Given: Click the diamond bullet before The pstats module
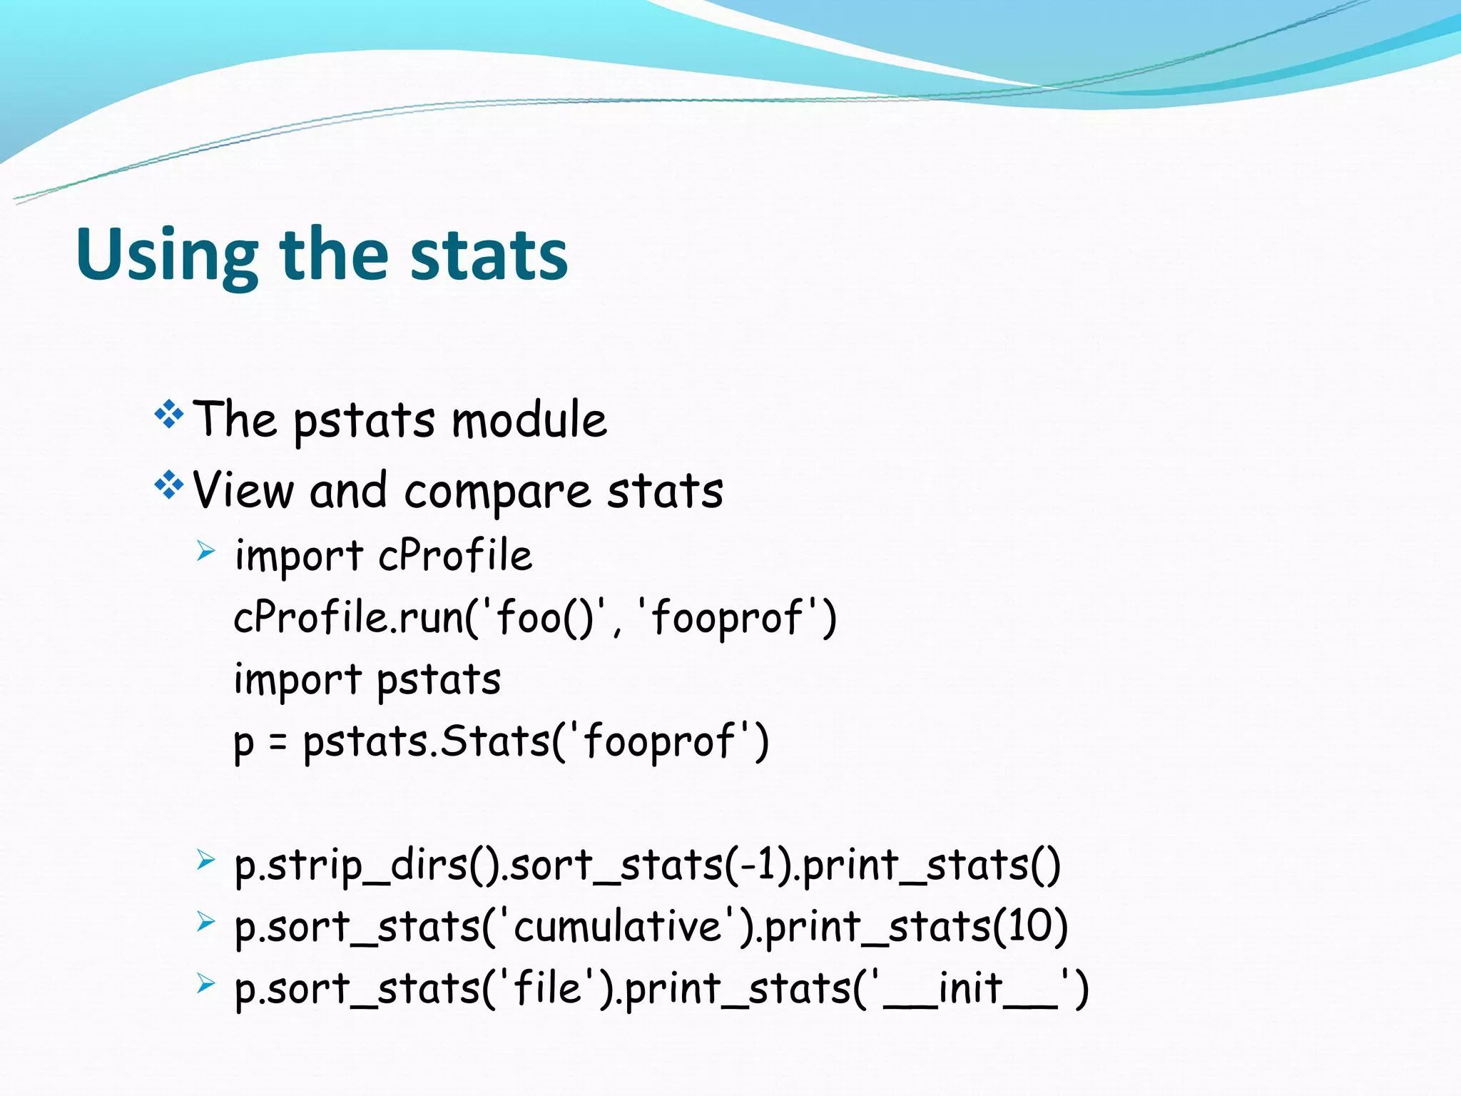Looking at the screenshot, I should [169, 415].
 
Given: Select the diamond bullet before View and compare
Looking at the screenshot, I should [169, 486].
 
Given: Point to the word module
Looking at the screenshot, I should [529, 420].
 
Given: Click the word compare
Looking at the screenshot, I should [497, 492].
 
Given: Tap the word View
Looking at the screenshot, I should [243, 491].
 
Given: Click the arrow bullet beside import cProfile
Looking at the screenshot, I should [205, 551].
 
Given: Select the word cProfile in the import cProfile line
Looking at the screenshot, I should [455, 555].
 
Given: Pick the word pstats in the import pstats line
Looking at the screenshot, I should [439, 680].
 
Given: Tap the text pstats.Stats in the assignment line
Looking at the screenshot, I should [426, 742].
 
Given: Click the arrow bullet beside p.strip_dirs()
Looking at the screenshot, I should [205, 860].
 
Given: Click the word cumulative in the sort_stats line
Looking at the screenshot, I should [618, 927].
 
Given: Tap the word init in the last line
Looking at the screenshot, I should [970, 988].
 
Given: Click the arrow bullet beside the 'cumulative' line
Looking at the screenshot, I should [205, 922].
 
